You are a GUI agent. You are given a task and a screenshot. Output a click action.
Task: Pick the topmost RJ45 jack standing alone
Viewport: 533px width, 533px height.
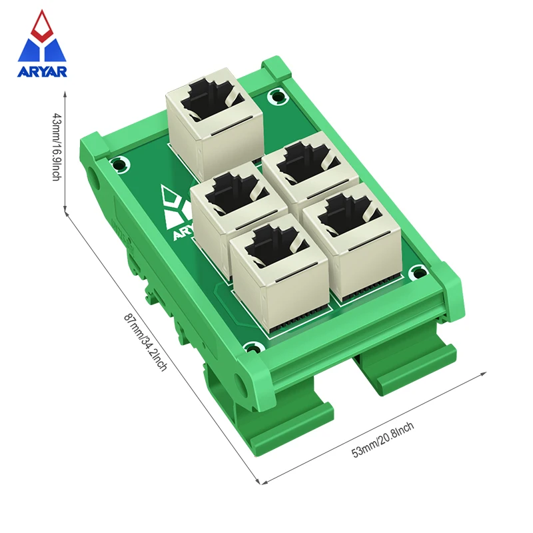tap(214, 127)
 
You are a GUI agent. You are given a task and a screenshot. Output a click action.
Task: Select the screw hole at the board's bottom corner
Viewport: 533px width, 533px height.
tap(251, 347)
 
